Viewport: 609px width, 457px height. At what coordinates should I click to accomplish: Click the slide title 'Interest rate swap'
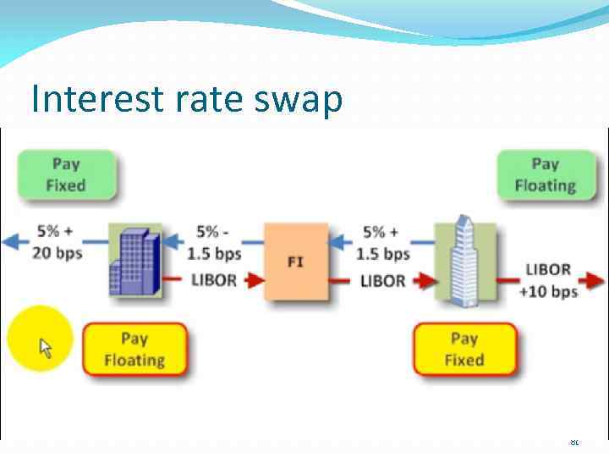(186, 100)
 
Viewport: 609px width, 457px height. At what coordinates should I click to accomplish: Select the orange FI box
(295, 262)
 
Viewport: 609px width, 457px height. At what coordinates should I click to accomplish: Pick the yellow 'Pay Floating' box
(134, 350)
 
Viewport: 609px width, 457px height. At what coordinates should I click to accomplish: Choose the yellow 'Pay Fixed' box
(464, 350)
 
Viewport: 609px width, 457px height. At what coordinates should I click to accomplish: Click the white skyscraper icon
(464, 259)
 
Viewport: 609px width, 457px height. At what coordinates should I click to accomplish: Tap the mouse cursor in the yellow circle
(45, 347)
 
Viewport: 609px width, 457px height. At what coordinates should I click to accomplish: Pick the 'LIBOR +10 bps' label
(551, 280)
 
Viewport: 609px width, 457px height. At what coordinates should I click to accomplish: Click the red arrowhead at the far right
(598, 278)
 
